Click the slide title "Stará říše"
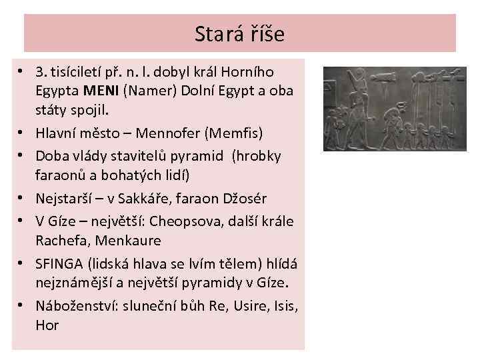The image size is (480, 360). point(239,33)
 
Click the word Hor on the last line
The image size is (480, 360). point(47,325)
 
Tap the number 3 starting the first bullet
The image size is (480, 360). point(39,71)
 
